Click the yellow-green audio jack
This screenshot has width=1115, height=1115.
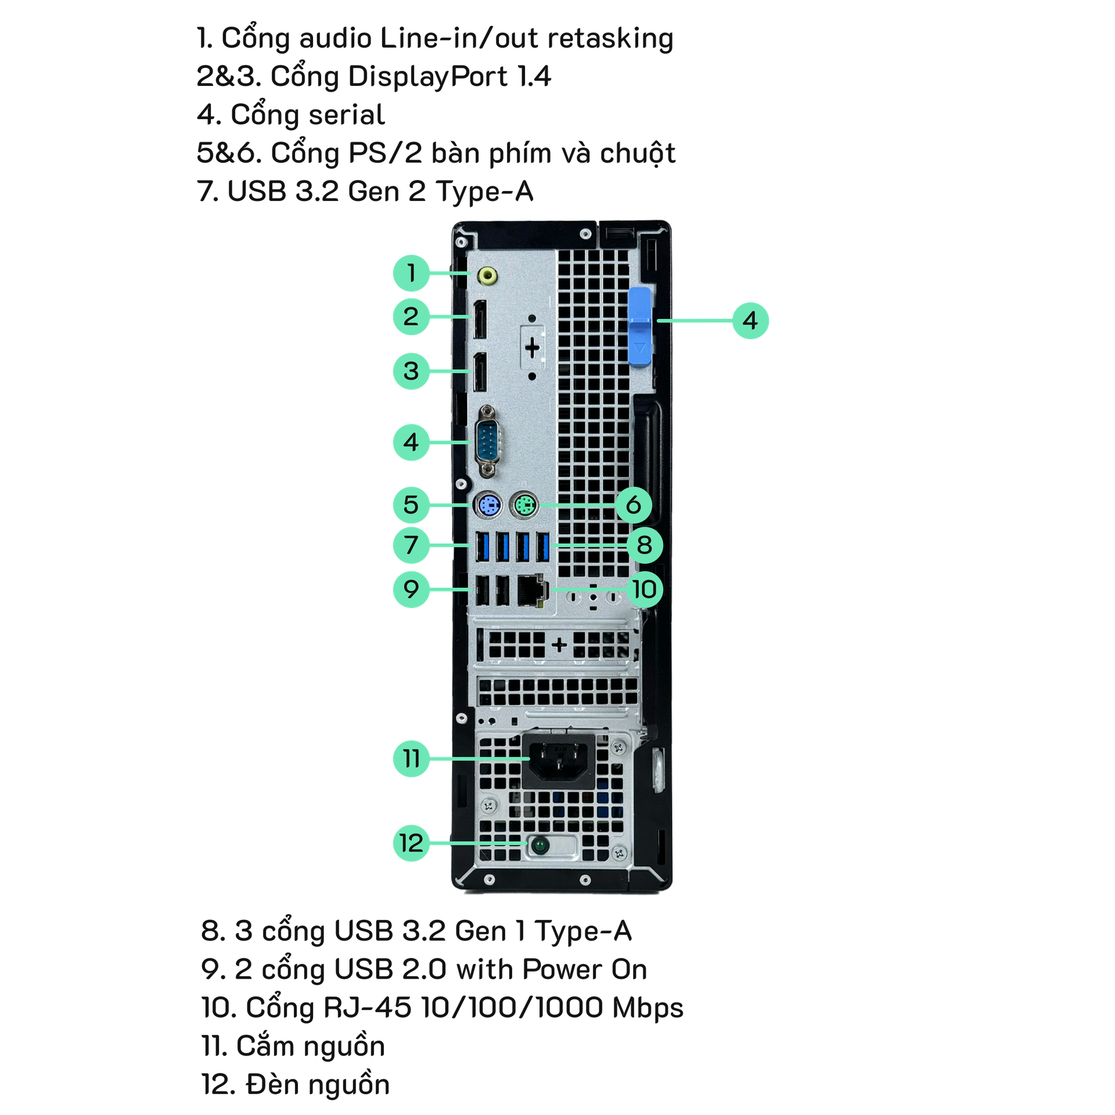(487, 275)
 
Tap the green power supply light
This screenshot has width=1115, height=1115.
(539, 845)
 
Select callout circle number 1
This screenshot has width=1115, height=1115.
(411, 272)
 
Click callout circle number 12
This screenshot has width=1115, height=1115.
(411, 843)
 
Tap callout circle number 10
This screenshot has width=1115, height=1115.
(644, 589)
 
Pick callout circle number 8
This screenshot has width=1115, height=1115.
(644, 545)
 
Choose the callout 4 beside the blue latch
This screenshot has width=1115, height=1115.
(750, 320)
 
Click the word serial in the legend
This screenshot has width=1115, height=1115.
(346, 114)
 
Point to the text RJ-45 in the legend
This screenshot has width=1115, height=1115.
(367, 1008)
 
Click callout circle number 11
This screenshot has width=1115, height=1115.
(411, 758)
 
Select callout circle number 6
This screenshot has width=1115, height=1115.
(633, 505)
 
